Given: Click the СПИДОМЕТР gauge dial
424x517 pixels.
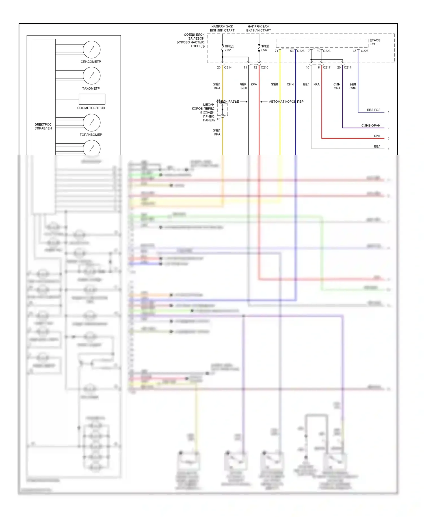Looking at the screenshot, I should point(92,49).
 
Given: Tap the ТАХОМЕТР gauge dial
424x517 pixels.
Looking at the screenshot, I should point(92,76).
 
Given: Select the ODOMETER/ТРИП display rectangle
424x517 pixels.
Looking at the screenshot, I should point(92,99).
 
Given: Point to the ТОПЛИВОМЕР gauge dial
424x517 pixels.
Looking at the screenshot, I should point(92,122).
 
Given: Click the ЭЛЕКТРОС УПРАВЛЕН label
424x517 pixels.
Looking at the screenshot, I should point(43,126).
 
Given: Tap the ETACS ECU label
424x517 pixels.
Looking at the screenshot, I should point(375,42).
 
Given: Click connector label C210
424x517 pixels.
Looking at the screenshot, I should point(265,67).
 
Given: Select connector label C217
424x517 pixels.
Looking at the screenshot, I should point(327,67).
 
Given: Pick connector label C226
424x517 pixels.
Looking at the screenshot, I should point(327,51).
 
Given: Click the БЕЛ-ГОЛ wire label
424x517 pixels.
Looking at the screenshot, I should point(373,110).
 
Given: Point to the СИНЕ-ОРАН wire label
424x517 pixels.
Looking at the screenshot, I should point(371,125).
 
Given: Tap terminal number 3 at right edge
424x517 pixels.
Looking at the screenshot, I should point(388,138).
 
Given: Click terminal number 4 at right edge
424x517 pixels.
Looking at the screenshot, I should point(388,149).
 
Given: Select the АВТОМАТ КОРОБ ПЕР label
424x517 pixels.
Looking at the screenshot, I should point(286,102).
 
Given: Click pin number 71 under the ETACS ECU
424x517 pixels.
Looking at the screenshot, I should point(276,51).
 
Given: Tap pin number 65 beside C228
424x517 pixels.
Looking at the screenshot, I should point(354,51).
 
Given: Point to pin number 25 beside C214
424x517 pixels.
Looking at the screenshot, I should point(219,67).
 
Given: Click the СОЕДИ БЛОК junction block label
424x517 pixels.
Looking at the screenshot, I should point(191,40).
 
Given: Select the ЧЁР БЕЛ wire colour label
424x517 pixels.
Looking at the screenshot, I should point(243,86).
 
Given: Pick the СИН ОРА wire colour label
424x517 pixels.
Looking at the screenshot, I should point(337,86).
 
